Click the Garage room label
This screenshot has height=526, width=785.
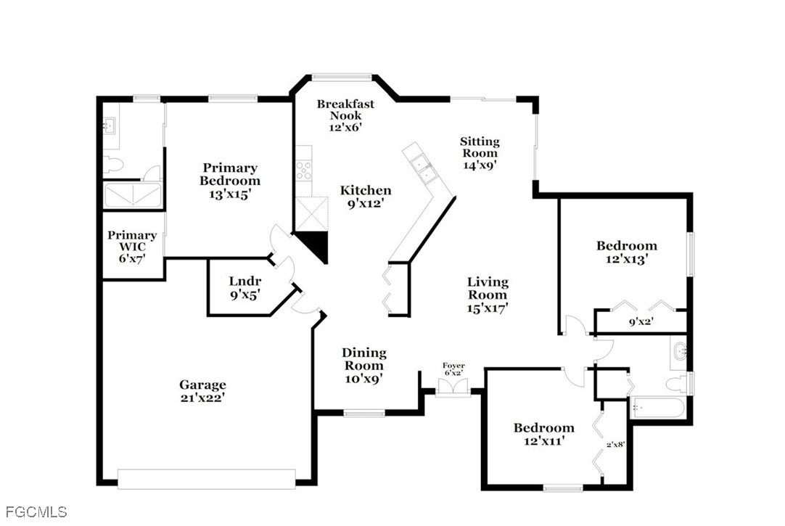tap(202, 385)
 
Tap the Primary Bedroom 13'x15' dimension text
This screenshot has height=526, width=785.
tap(230, 194)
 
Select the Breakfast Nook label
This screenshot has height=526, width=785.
tap(345, 110)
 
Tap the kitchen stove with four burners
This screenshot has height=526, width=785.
tap(303, 170)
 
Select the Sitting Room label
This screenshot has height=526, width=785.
tap(480, 147)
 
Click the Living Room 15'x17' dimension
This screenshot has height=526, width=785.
tap(488, 308)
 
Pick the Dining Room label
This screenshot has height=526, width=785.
tap(364, 359)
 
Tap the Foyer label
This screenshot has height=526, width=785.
tap(453, 366)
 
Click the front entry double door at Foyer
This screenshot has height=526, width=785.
tap(453, 387)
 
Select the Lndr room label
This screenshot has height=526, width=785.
tap(244, 281)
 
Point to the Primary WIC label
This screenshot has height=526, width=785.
tap(132, 241)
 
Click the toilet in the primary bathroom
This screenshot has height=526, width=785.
tap(113, 165)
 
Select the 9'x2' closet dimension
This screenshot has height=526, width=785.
tap(641, 322)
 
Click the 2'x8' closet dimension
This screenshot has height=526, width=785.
tap(616, 444)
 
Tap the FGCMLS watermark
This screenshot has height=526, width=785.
tap(36, 512)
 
